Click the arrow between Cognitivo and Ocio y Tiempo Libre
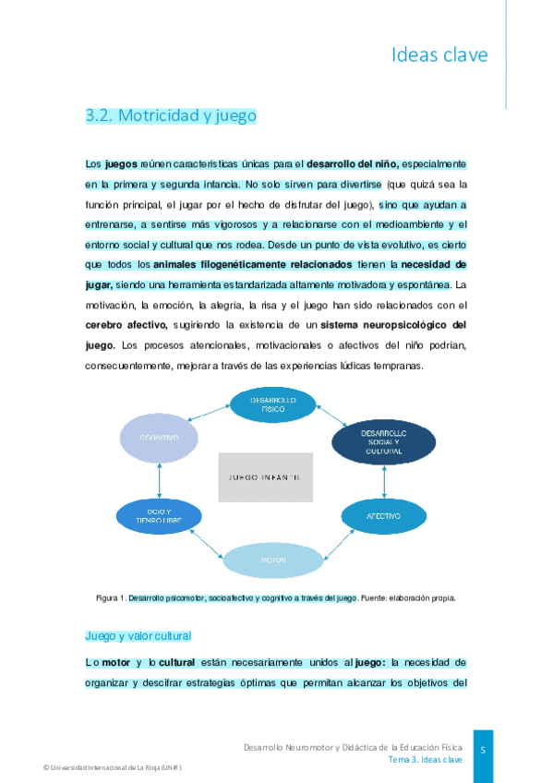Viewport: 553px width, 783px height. click(160, 476)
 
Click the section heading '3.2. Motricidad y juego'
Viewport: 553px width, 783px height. click(170, 115)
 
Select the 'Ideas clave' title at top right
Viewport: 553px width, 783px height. click(439, 55)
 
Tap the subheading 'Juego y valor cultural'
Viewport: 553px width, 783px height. click(138, 636)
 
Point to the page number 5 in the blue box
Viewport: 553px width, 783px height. click(483, 751)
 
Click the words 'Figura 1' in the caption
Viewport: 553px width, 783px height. click(111, 598)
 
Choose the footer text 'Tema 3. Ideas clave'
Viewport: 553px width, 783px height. click(425, 759)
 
